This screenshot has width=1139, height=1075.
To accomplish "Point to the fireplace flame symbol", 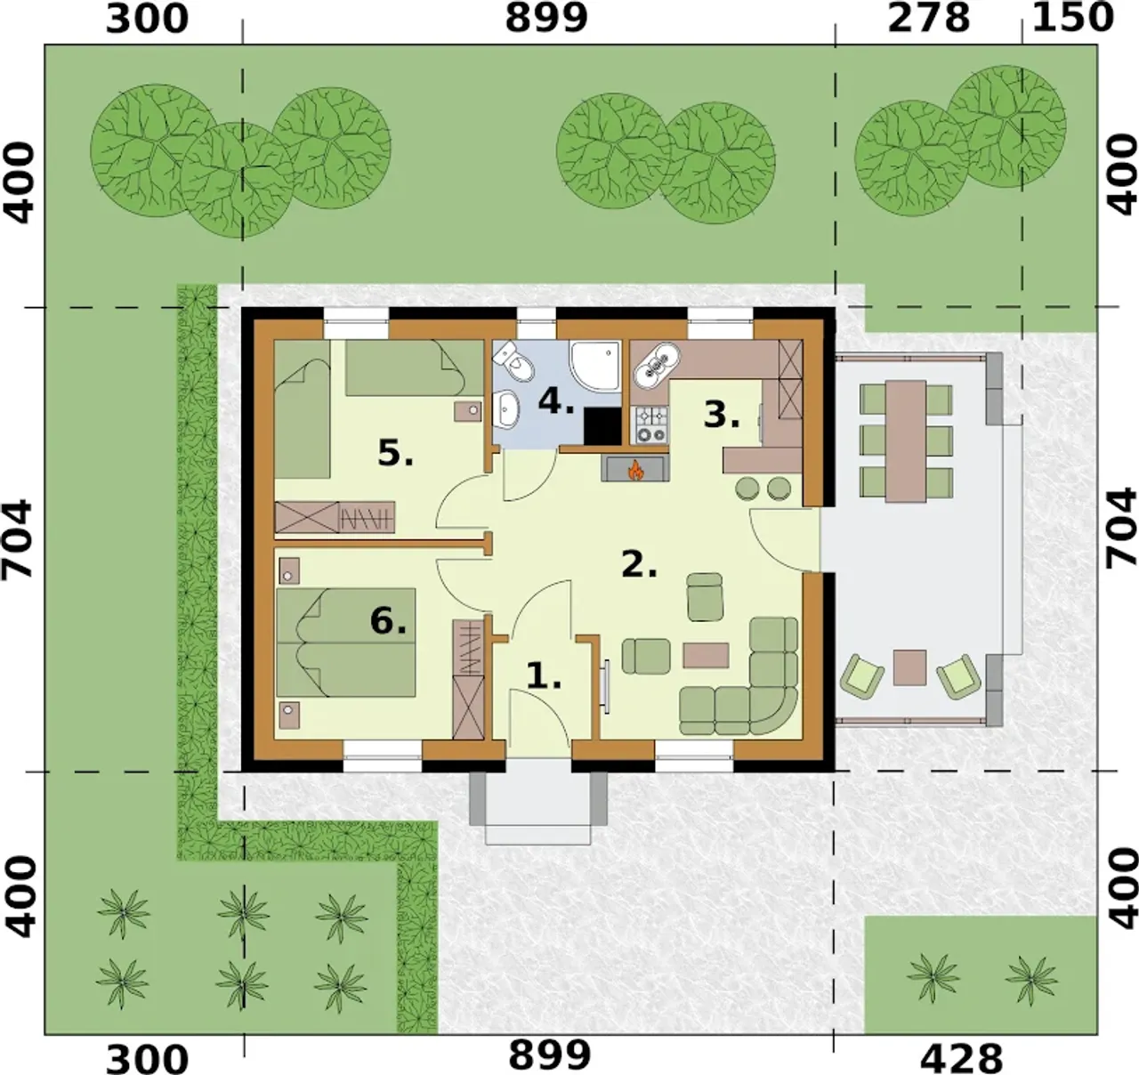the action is point(634,470).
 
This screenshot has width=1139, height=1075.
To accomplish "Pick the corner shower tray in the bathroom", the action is point(595,366).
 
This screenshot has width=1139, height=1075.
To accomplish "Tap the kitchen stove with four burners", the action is point(650,424).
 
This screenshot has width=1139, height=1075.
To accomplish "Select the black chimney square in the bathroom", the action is point(602,425).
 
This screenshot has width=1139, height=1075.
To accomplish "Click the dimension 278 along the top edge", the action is point(928,19).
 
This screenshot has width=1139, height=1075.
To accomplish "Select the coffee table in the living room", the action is point(706,655).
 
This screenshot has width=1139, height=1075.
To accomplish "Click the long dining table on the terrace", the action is point(906,441).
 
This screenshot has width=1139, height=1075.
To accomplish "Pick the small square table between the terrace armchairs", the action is point(909,667).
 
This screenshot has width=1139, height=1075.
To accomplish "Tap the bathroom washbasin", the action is point(505,409).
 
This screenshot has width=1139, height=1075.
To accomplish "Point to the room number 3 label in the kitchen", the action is point(722,416).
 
